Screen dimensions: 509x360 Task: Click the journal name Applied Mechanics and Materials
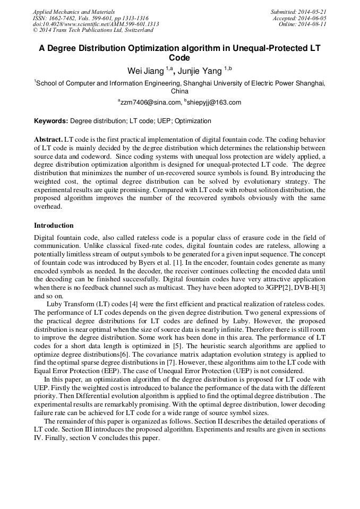tap(74, 12)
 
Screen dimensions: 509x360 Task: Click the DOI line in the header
tap(96, 24)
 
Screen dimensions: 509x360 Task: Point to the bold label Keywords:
tap(51, 121)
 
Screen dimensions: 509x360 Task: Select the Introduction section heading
tap(54, 226)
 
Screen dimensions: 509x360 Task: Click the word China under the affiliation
tap(180, 91)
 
